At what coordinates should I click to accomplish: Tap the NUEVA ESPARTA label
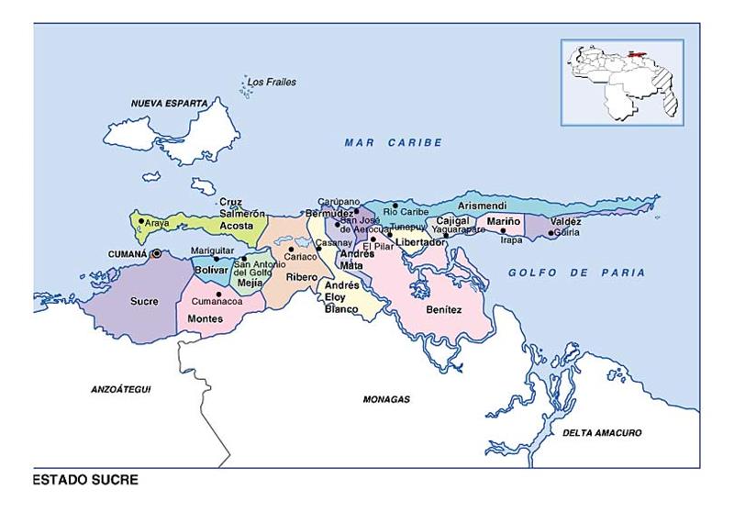tap(170, 104)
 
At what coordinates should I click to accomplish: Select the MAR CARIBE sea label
tap(394, 142)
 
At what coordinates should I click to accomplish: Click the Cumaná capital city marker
tap(157, 253)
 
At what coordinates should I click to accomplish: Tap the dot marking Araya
tap(140, 220)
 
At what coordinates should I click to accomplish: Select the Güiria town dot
tap(551, 233)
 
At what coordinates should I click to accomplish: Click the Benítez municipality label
tap(444, 309)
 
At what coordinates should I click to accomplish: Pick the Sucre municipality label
tap(144, 300)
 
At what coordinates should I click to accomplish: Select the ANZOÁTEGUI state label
tap(120, 389)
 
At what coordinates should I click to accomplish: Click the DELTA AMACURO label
tap(602, 432)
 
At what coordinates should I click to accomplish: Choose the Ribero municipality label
tap(301, 275)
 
